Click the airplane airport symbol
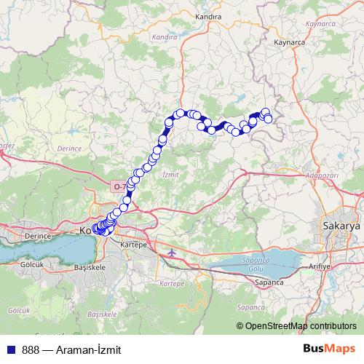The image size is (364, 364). click(171, 253)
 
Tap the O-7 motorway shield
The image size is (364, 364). click(119, 186)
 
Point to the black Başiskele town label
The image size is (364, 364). click(90, 268)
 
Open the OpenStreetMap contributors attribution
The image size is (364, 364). click(300, 326)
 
